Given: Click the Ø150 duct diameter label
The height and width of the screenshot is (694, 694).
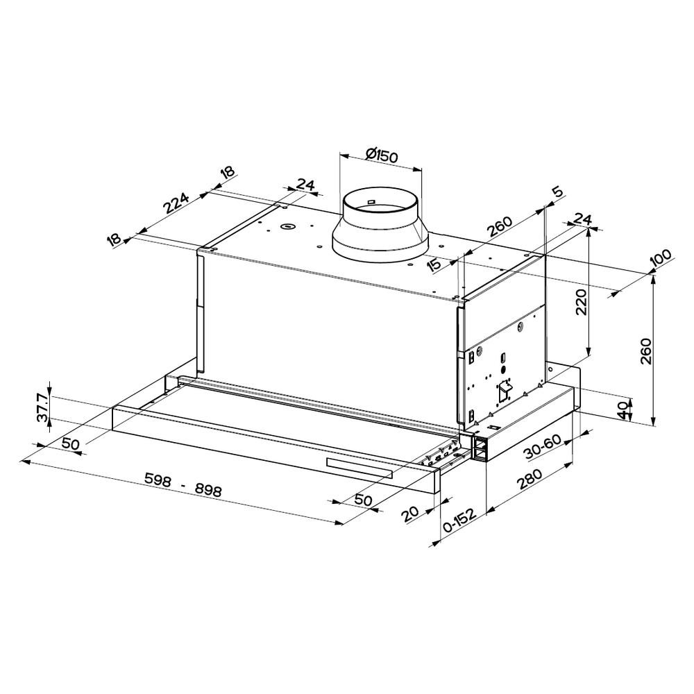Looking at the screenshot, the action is pyautogui.click(x=382, y=155).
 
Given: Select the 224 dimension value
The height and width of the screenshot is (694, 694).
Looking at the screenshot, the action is pyautogui.click(x=176, y=203).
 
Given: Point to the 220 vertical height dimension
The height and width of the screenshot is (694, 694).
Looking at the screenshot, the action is pyautogui.click(x=581, y=302).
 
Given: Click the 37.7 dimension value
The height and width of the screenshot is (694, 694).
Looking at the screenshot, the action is pyautogui.click(x=43, y=407).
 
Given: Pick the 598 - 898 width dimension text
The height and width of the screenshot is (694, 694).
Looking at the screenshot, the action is pyautogui.click(x=183, y=484).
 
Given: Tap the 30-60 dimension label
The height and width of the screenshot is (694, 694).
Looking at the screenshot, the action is pyautogui.click(x=543, y=447).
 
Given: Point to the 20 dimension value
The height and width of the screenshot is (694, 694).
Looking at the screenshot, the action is pyautogui.click(x=410, y=514).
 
